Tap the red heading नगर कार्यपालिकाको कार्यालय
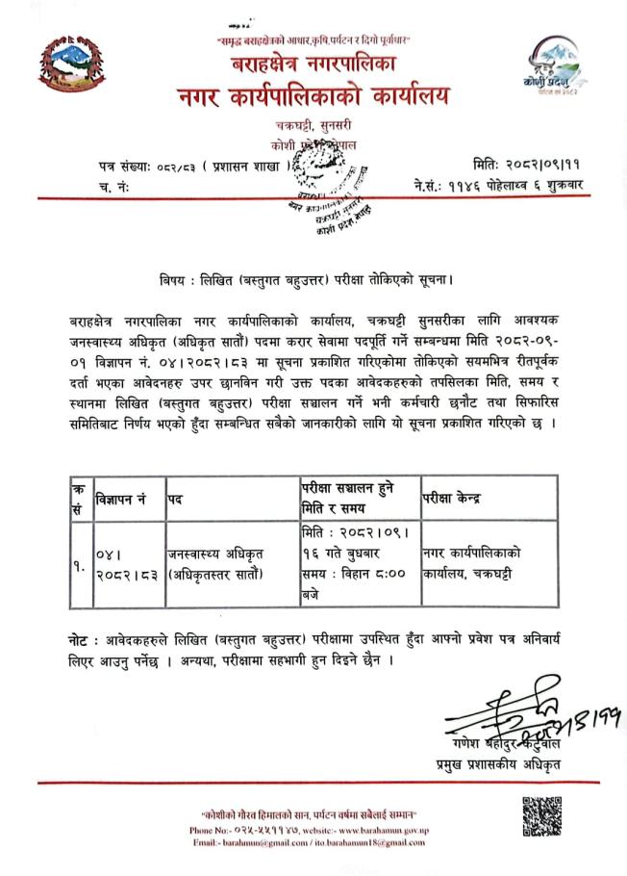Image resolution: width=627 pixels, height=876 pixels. [312, 98]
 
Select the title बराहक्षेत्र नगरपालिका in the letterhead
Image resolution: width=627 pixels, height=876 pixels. [313, 65]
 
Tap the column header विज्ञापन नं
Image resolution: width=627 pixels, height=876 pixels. [120, 500]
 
